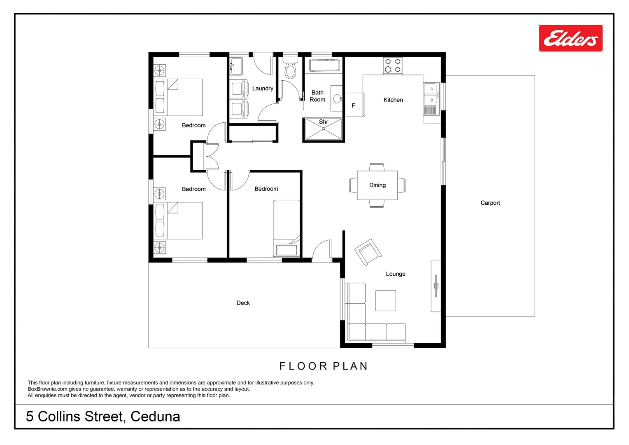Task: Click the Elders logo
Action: pos(571,38)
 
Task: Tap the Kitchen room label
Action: pos(393,100)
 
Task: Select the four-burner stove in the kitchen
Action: pos(393,66)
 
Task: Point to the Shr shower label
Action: pos(324,122)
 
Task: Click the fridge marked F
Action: pos(354,105)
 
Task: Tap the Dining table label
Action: pos(377,185)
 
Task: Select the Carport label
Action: pos(490,203)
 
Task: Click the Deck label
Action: pos(243,303)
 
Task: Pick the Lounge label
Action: pos(396,274)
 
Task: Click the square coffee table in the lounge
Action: pos(386,300)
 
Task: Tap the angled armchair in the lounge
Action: pos(368,252)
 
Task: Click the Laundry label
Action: pos(263,89)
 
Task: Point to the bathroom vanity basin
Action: pos(337,99)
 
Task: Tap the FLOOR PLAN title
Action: pos(324,366)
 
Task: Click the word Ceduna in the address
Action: pos(155,417)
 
